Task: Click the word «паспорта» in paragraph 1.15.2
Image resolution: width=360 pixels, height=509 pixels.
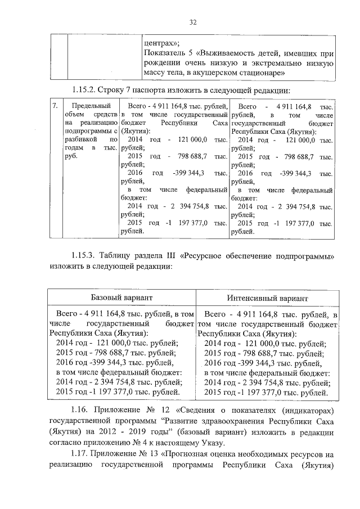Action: coord(150,89)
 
